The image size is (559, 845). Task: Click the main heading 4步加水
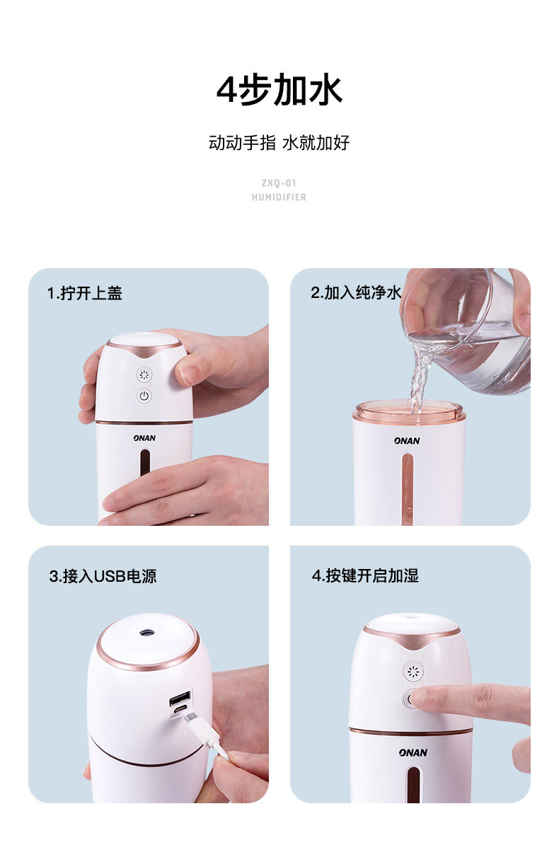279,89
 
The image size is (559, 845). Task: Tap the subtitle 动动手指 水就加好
279,143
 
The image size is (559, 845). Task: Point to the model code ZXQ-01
279,183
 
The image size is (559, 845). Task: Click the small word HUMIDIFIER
279,197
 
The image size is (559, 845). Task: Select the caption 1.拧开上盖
85,293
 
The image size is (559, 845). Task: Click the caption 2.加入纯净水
356,292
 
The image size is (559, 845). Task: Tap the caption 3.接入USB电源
103,576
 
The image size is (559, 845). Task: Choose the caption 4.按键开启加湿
365,575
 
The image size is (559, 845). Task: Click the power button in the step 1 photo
144,396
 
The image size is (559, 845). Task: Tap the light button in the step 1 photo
144,375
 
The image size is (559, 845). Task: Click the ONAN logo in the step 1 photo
144,438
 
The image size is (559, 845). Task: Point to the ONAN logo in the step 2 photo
407,441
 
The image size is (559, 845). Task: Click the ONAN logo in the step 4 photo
413,752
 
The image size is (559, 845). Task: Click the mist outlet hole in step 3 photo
146,632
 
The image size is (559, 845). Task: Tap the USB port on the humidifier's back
180,699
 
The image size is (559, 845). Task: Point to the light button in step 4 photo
413,672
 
